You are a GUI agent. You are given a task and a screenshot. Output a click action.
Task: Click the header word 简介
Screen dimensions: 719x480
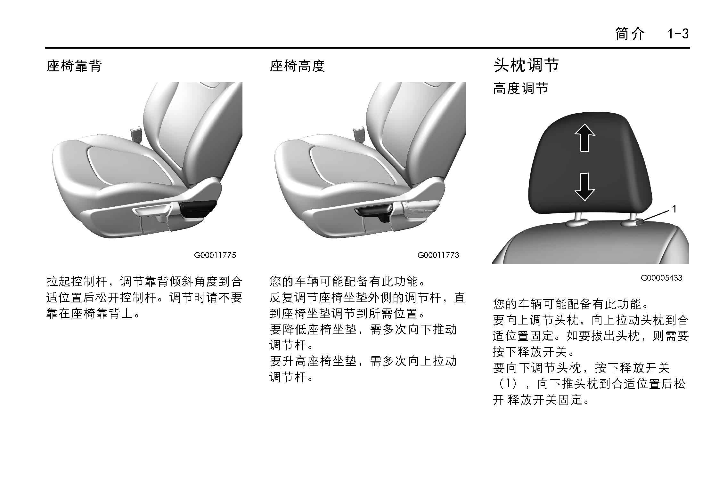pyautogui.click(x=630, y=34)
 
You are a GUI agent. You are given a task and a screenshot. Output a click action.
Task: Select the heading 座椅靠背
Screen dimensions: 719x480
pyautogui.click(x=74, y=66)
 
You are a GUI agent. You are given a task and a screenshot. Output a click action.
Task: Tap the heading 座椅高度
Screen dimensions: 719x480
pyautogui.click(x=298, y=66)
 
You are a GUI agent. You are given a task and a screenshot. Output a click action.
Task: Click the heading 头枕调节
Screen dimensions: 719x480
pyautogui.click(x=526, y=65)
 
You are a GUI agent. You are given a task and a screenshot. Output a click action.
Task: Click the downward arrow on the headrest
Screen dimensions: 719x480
pyautogui.click(x=585, y=187)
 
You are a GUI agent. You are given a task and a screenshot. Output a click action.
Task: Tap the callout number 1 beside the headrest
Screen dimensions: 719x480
pyautogui.click(x=674, y=209)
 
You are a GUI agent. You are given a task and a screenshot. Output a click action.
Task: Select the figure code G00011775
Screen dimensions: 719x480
pyautogui.click(x=215, y=255)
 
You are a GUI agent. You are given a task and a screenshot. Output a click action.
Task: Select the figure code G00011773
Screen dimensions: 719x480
pyautogui.click(x=438, y=255)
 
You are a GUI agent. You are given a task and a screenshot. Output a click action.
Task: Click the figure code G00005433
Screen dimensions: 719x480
pyautogui.click(x=661, y=278)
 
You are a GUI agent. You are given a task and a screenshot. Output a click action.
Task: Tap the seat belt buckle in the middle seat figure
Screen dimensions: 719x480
pyautogui.click(x=359, y=135)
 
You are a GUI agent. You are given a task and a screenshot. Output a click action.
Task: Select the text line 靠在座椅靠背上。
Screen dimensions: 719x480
pyautogui.click(x=93, y=313)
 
